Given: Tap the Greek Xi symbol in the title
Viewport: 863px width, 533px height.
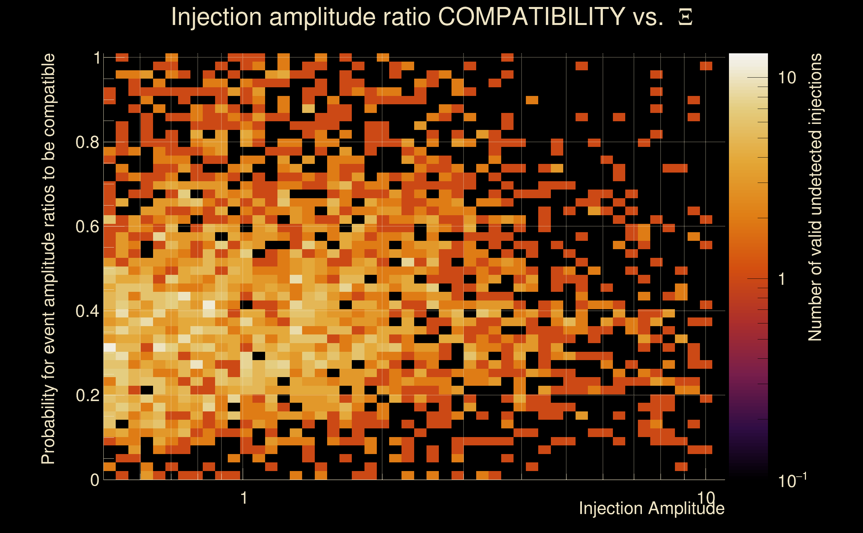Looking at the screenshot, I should click(x=685, y=17).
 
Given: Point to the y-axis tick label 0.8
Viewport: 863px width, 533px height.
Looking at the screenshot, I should click(x=87, y=143).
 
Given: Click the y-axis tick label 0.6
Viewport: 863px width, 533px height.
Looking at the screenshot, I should click(x=87, y=226).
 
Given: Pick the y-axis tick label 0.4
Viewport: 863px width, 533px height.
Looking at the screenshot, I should click(x=87, y=311).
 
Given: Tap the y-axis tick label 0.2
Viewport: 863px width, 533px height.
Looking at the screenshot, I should click(x=87, y=395).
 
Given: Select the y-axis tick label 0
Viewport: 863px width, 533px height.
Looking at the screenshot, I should click(x=95, y=480).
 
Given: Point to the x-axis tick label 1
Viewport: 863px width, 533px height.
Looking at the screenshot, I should click(x=243, y=498).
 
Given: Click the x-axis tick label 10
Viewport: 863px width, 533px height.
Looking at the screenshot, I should click(x=706, y=497).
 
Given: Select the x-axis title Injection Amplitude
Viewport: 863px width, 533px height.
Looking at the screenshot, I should click(x=652, y=508).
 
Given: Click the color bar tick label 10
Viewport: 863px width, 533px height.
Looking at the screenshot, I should click(x=787, y=78).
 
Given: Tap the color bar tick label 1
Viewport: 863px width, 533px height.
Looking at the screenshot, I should click(x=782, y=279).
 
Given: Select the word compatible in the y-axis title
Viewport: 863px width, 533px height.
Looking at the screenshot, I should click(x=48, y=95).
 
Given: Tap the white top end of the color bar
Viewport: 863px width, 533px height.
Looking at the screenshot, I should click(x=748, y=58).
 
